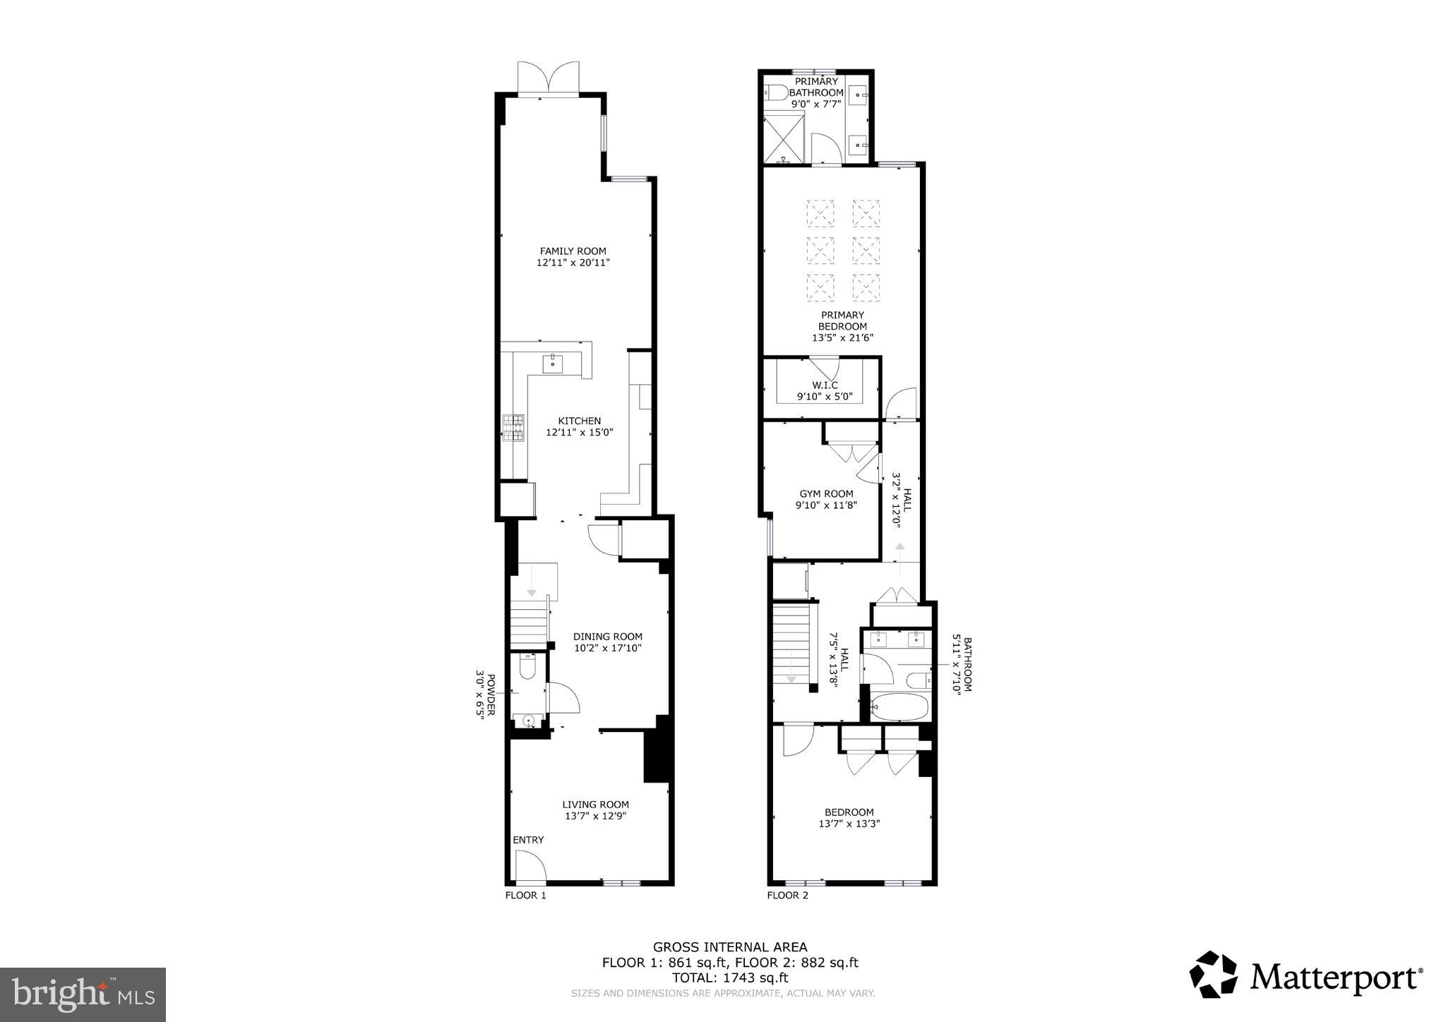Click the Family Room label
tap(573, 251)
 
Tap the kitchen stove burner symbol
tap(513, 428)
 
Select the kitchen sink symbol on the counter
tap(552, 364)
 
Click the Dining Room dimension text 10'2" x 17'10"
tap(607, 648)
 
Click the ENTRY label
tap(528, 840)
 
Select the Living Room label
tap(595, 805)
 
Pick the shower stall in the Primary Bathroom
tap(784, 138)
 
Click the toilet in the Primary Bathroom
tap(777, 92)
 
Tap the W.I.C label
tap(825, 385)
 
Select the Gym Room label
tap(826, 494)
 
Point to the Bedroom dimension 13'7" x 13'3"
tap(849, 824)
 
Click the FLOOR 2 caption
tap(787, 896)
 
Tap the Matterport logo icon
tap(1213, 975)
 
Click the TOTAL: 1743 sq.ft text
tap(730, 978)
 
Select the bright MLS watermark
tap(83, 994)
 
